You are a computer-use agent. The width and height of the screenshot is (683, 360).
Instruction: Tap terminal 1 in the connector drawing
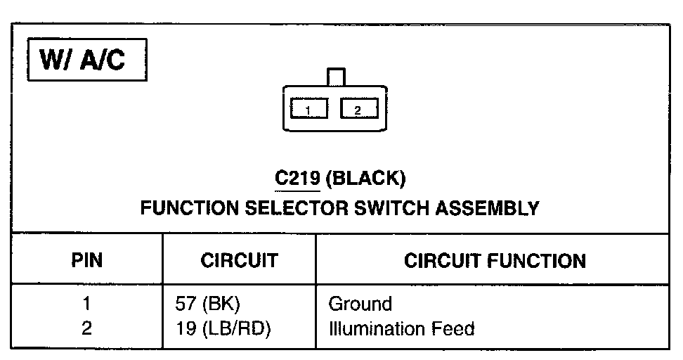tap(309, 109)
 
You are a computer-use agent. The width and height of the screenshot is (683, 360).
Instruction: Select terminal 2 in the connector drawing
tap(358, 109)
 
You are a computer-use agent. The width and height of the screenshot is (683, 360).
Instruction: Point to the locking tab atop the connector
tap(337, 77)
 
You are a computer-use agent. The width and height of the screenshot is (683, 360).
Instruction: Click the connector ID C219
tap(297, 179)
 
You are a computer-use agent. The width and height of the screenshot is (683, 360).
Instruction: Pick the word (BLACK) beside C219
tap(366, 179)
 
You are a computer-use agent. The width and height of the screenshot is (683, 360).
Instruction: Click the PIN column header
tap(86, 261)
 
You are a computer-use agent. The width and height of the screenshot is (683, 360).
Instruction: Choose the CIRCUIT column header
tap(239, 261)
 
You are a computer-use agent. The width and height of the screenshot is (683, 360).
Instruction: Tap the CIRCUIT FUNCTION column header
tap(495, 261)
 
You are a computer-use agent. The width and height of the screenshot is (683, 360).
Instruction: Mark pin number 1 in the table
tap(86, 304)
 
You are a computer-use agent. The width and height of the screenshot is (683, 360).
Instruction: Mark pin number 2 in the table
tap(86, 328)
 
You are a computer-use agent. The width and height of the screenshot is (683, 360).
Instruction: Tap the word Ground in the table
tap(360, 304)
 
